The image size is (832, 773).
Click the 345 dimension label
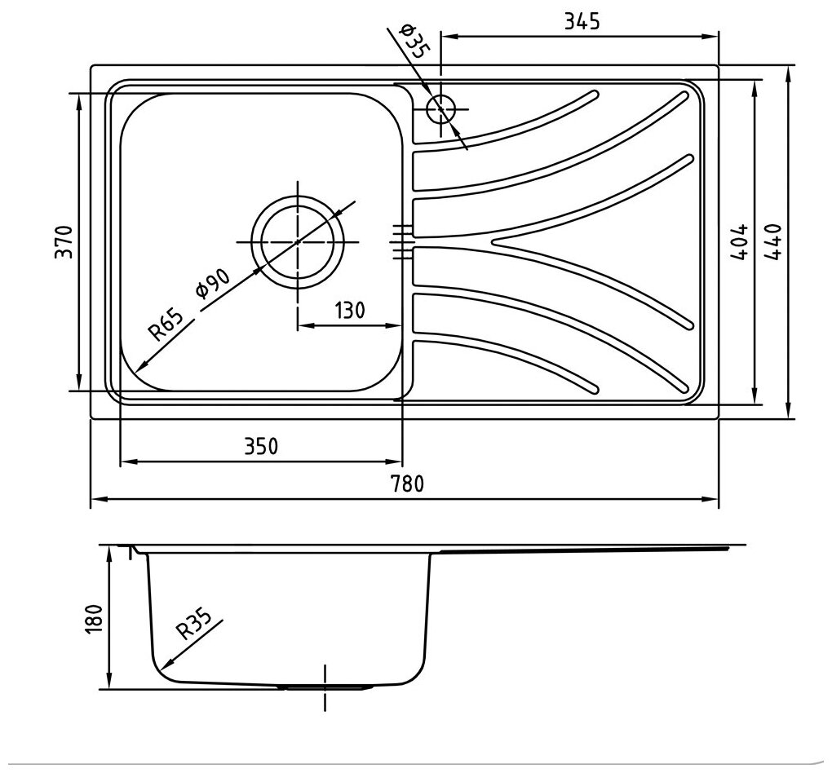(x=582, y=21)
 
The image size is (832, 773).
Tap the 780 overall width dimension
(x=408, y=484)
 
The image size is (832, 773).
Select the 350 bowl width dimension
(x=261, y=446)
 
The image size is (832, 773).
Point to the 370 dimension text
(x=64, y=242)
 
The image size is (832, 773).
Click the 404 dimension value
(x=739, y=241)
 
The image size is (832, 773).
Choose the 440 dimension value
(x=773, y=241)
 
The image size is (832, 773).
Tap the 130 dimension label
(x=349, y=310)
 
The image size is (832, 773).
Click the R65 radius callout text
(x=166, y=324)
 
